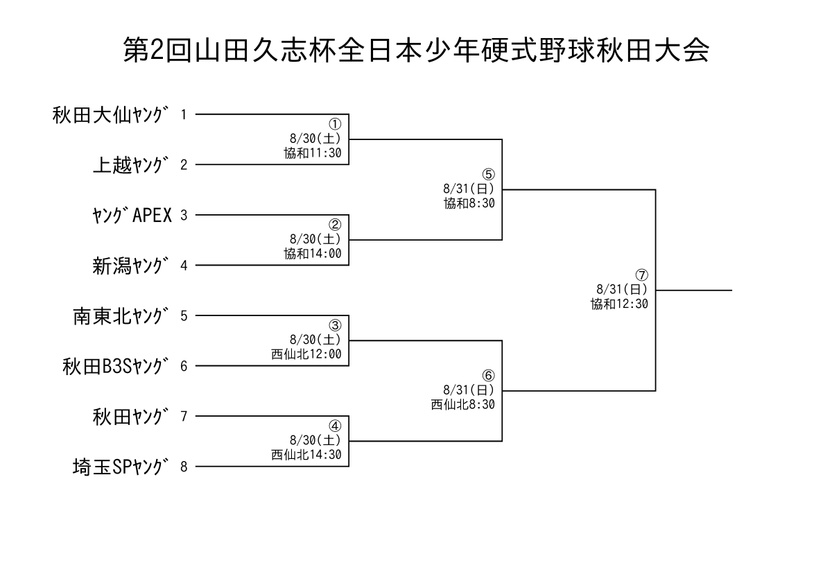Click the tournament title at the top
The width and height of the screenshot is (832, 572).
pyautogui.click(x=416, y=50)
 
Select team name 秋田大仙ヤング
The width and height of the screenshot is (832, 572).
pyautogui.click(x=110, y=115)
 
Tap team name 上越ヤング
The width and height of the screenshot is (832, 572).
pyautogui.click(x=131, y=165)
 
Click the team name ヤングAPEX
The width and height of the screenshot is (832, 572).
pyautogui.click(x=132, y=215)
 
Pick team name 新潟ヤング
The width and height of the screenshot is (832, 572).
pyautogui.click(x=131, y=266)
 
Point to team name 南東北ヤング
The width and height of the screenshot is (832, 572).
pyautogui.click(x=121, y=316)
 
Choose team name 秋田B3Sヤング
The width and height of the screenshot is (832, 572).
pyautogui.click(x=116, y=366)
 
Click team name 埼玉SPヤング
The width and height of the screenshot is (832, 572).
pyautogui.click(x=121, y=467)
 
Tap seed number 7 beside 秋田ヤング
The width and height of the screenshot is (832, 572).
pyautogui.click(x=184, y=417)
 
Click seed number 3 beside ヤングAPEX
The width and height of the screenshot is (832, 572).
pyautogui.click(x=184, y=216)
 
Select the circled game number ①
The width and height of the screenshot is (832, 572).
pyautogui.click(x=335, y=124)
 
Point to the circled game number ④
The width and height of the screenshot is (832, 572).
pyautogui.click(x=335, y=426)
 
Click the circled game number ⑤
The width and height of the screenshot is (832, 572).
pyautogui.click(x=488, y=174)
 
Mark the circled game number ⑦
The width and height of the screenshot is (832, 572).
pyautogui.click(x=642, y=275)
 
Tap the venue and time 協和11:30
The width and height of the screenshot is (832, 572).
pyautogui.click(x=313, y=153)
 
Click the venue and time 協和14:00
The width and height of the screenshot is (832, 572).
pyautogui.click(x=313, y=253)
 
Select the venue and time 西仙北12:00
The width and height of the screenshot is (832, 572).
pyautogui.click(x=306, y=354)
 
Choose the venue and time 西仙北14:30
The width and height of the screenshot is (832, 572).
pyautogui.click(x=306, y=454)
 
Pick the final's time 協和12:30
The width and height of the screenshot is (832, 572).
pyautogui.click(x=620, y=304)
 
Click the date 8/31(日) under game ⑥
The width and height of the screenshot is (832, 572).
pyautogui.click(x=469, y=390)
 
